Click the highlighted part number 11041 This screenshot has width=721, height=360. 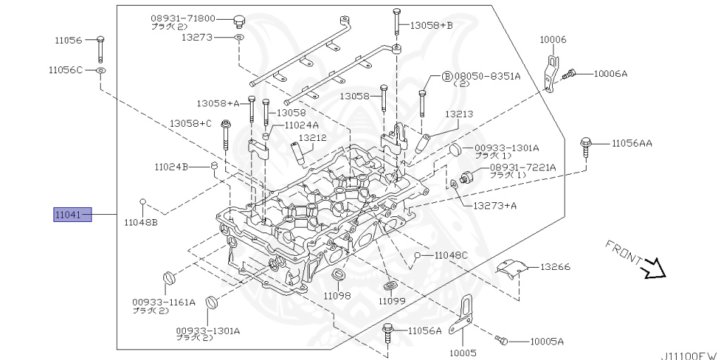tap(73, 214)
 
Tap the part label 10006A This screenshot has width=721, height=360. tap(610, 73)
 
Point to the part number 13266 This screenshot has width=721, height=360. tap(556, 268)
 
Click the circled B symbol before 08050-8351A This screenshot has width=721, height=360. tap(446, 75)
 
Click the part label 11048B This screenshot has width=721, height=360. tap(141, 222)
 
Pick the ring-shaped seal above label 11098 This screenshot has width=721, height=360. tap(338, 273)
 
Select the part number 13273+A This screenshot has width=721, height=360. tap(495, 206)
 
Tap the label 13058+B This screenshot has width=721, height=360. tap(432, 25)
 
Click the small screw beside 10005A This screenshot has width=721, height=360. tap(501, 341)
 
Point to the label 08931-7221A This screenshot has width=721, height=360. tap(522, 167)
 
